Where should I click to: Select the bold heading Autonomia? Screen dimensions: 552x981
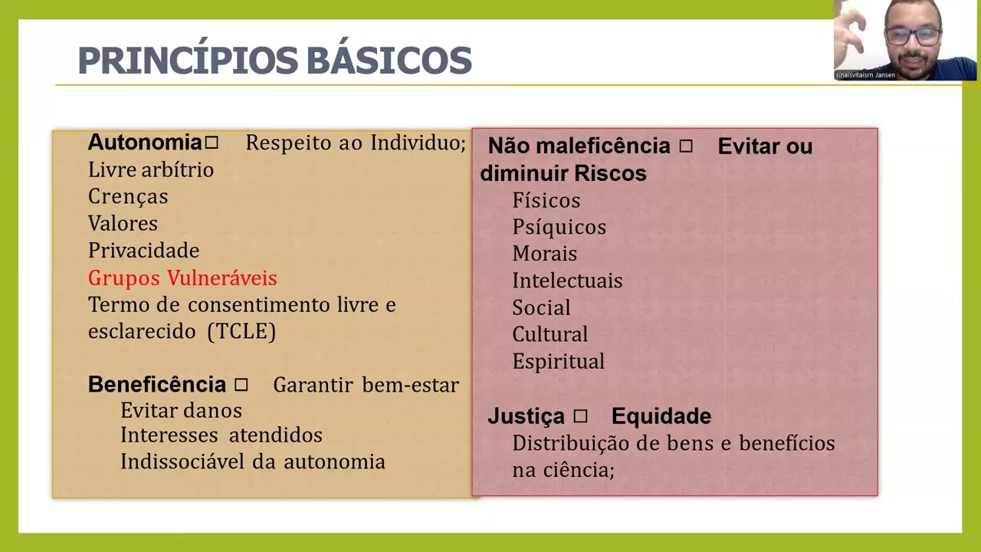tap(145, 143)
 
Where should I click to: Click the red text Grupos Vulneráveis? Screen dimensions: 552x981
tap(182, 278)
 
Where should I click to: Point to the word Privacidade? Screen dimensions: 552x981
tap(143, 251)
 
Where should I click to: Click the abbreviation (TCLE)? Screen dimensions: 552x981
tap(241, 331)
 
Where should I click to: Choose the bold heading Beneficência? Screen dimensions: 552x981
tap(157, 384)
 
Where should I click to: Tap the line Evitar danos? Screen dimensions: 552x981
tap(181, 411)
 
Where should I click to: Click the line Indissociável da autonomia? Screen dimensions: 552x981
tap(252, 462)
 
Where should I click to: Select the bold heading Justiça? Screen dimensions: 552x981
tap(526, 416)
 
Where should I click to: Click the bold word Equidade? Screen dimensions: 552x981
tap(661, 416)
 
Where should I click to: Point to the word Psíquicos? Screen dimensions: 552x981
tap(559, 227)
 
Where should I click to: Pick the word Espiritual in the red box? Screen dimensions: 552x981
tap(558, 361)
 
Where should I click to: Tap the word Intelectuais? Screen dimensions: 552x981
tap(567, 281)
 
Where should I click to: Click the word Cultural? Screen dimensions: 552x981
tap(550, 334)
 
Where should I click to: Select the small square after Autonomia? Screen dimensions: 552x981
tap(212, 143)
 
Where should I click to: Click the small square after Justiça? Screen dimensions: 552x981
tap(580, 416)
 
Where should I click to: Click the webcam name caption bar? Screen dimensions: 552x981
tap(865, 75)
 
